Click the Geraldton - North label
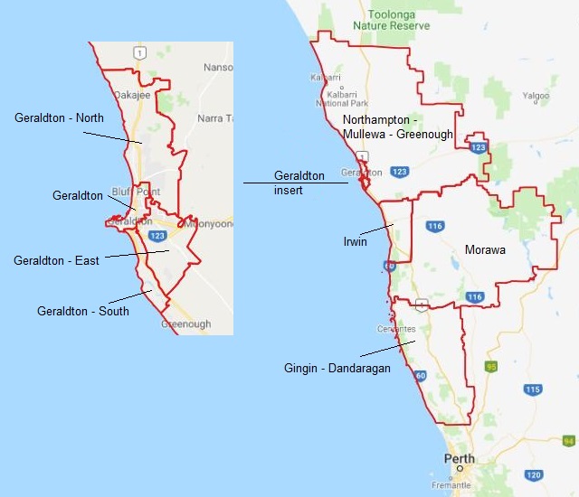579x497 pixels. click(x=59, y=118)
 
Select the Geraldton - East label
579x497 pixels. click(x=56, y=261)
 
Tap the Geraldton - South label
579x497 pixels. click(x=82, y=312)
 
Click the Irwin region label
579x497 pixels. click(x=356, y=242)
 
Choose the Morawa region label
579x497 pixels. click(x=485, y=248)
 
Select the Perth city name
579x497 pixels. click(x=459, y=458)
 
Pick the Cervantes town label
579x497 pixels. click(x=398, y=329)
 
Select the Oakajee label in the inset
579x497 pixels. click(x=129, y=94)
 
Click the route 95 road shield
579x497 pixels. click(x=492, y=367)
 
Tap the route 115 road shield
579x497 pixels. click(x=534, y=389)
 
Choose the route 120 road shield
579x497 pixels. click(x=534, y=474)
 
